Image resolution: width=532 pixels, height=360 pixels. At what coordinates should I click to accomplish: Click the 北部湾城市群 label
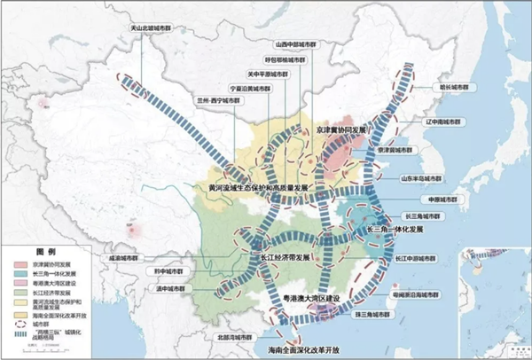click(x=230, y=336)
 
